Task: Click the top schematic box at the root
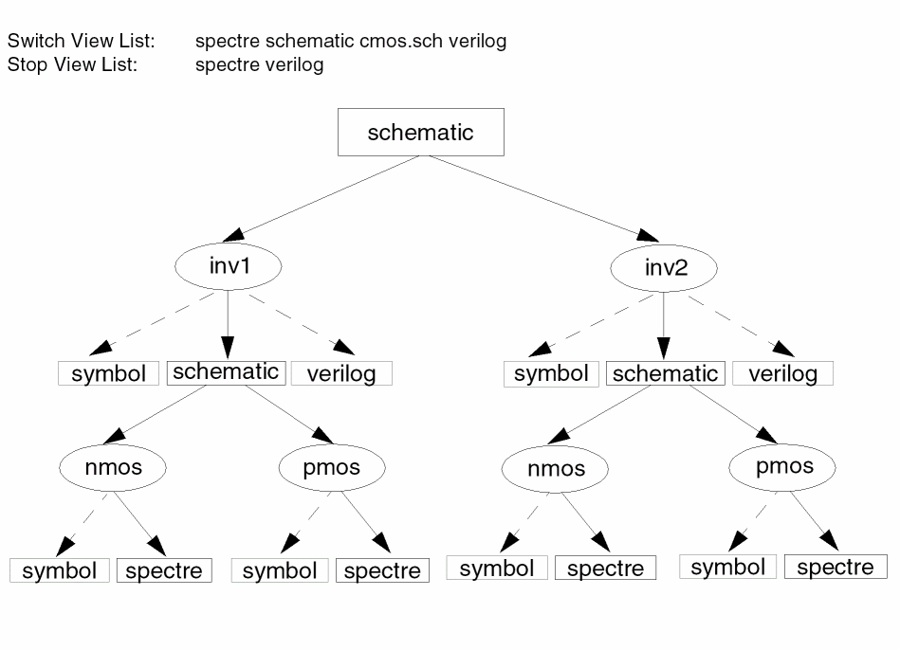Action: [x=420, y=132]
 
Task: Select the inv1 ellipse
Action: [x=229, y=266]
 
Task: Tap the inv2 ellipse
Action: [x=665, y=268]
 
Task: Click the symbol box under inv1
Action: [x=109, y=373]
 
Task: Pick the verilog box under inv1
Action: [x=341, y=373]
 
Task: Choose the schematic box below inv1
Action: [x=226, y=371]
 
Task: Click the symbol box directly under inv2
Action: [x=551, y=373]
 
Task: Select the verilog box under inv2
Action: [x=782, y=373]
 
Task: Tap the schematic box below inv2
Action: [x=665, y=373]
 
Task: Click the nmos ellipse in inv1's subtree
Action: [x=113, y=466]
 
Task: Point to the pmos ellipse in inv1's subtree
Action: [x=332, y=466]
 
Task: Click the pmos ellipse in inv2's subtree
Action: [x=784, y=466]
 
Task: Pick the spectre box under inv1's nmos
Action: [x=164, y=570]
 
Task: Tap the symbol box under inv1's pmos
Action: [x=280, y=570]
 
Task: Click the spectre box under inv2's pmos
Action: [x=836, y=567]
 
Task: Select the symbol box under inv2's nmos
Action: [x=497, y=569]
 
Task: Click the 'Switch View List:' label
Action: [x=82, y=42]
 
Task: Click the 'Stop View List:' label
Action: [x=72, y=64]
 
